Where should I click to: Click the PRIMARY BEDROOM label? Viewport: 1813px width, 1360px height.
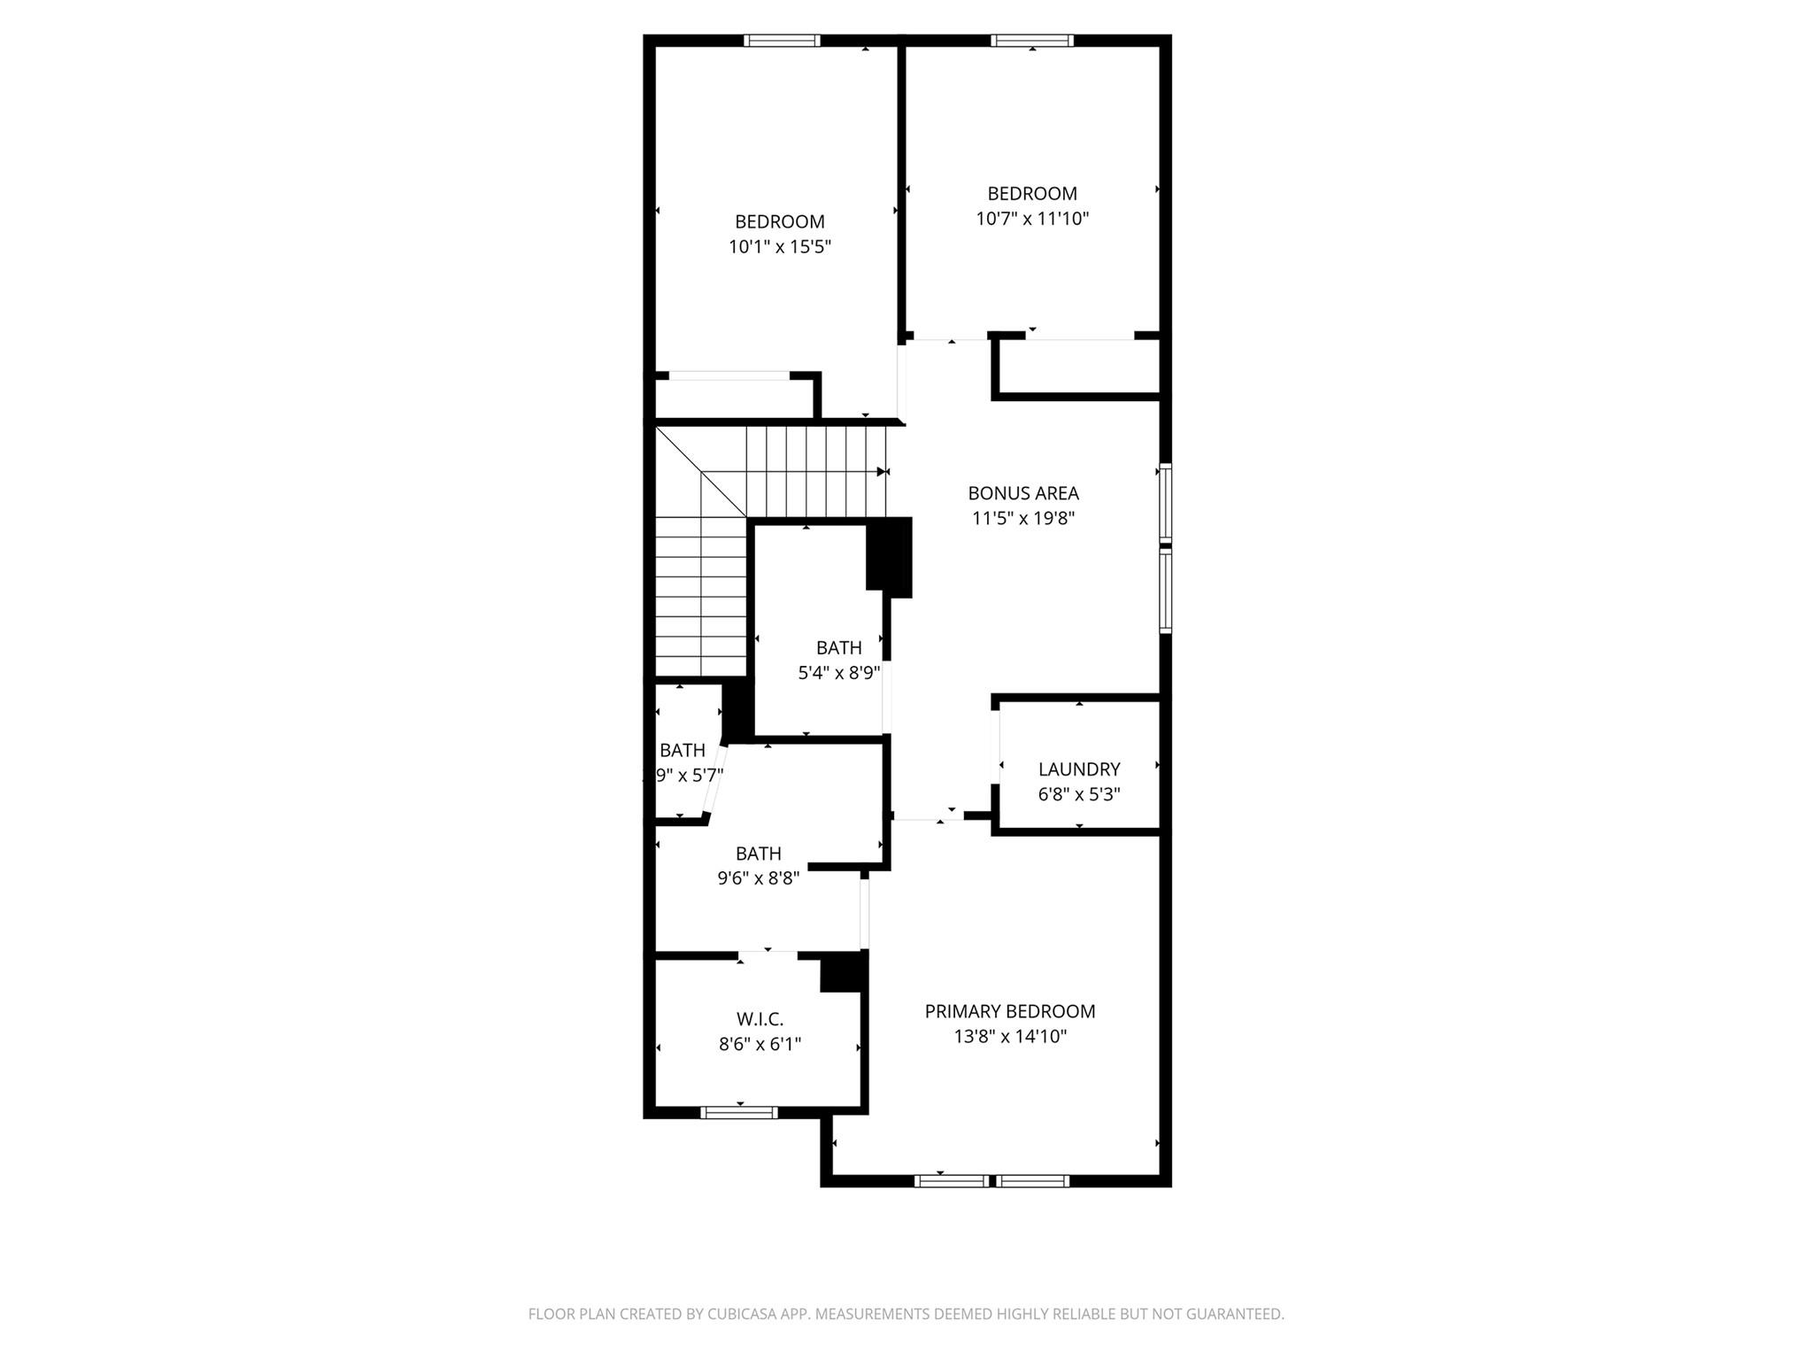(x=1010, y=1011)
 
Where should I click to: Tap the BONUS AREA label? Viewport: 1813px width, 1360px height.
(x=1023, y=493)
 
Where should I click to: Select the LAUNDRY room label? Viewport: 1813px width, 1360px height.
(x=1079, y=769)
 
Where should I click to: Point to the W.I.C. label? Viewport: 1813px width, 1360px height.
(x=760, y=1019)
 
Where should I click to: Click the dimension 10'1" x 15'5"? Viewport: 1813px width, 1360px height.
(x=780, y=247)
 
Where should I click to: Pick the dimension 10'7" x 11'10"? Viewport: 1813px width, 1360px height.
(x=1032, y=219)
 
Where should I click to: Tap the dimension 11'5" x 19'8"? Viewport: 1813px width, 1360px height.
(x=1023, y=518)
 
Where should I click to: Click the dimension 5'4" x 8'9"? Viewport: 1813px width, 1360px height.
(x=839, y=673)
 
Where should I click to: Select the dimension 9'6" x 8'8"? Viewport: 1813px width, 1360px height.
(x=759, y=878)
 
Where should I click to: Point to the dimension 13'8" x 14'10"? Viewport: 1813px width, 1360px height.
(x=1010, y=1036)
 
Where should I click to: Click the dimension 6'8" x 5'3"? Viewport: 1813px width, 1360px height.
(x=1079, y=794)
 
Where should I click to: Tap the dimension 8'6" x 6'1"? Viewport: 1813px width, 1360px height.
(x=760, y=1044)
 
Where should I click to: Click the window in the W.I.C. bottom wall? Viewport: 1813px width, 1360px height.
(x=739, y=1112)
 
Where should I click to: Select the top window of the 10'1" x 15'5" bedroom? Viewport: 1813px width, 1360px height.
(x=782, y=40)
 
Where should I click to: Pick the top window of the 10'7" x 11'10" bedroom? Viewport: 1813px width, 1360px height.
(x=1032, y=40)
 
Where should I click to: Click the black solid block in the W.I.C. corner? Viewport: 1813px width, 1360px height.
(x=842, y=972)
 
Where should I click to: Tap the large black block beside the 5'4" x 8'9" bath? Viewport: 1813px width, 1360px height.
(x=889, y=554)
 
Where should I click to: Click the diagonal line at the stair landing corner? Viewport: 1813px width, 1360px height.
(x=700, y=471)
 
